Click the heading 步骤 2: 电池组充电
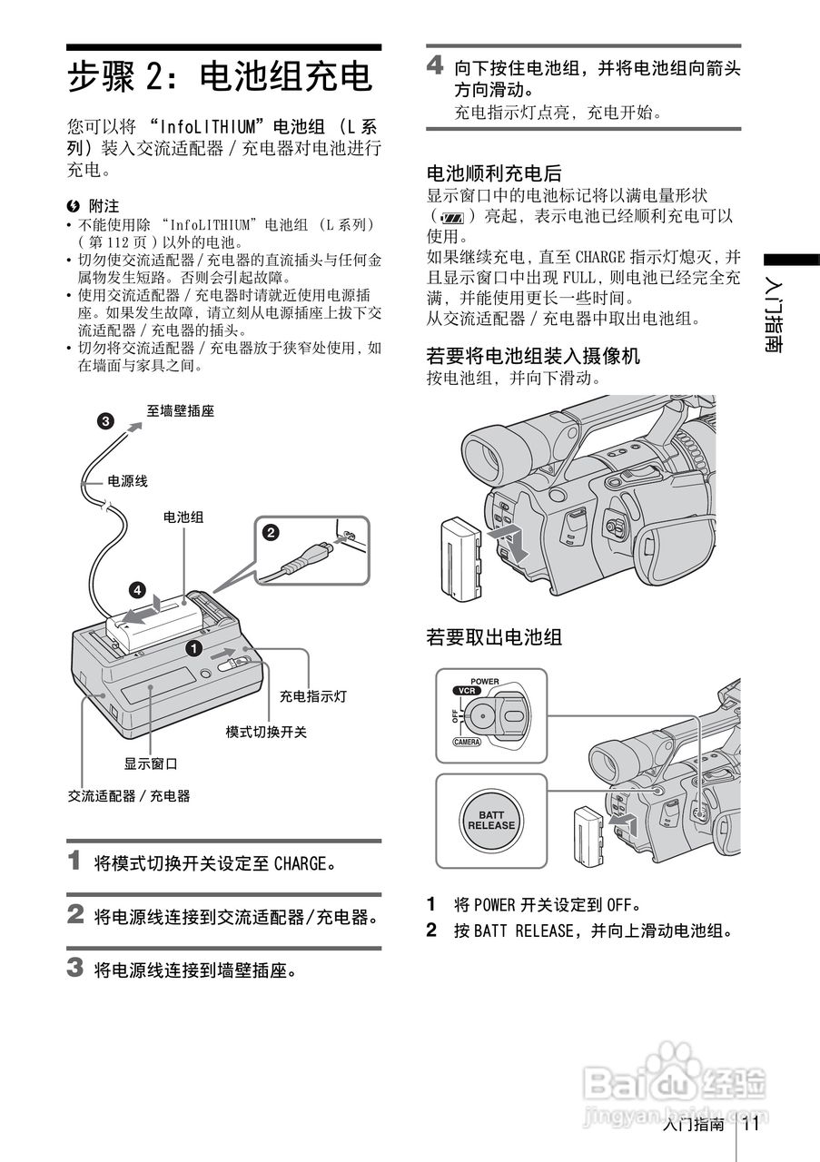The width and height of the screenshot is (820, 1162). (221, 76)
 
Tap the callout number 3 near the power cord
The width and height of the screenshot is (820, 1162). (106, 420)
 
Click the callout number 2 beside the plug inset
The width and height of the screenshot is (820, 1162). (270, 534)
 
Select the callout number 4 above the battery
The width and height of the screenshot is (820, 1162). (136, 590)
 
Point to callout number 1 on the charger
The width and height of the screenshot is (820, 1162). (193, 648)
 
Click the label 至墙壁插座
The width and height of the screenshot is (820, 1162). (181, 411)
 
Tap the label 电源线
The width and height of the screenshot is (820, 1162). (127, 481)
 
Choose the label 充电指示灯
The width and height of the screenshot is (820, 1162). (312, 696)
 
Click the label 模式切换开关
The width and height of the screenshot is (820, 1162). (266, 732)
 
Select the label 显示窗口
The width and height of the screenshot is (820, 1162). (151, 763)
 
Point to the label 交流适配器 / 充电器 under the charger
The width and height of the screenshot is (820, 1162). (129, 795)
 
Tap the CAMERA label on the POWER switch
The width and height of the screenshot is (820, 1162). (466, 742)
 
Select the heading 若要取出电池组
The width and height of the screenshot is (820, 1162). (494, 637)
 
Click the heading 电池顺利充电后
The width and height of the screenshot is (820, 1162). (494, 172)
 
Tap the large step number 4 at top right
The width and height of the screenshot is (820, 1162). (436, 65)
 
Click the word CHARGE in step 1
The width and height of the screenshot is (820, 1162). (300, 862)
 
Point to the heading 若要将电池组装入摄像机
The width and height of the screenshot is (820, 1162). (533, 356)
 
